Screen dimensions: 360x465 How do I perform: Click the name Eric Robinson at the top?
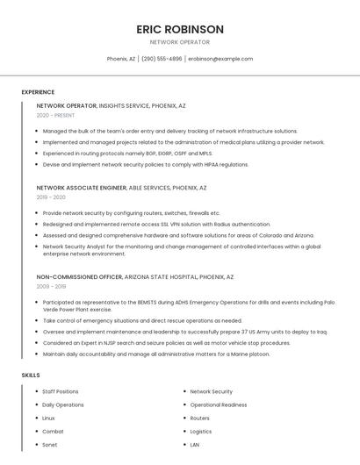click(180, 29)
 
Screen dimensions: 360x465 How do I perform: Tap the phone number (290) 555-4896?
click(162, 59)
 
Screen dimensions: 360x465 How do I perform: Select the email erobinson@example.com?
click(220, 59)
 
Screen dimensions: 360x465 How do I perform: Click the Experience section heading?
click(38, 92)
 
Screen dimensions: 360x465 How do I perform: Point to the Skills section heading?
click(31, 376)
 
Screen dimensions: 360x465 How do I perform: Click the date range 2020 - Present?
click(55, 115)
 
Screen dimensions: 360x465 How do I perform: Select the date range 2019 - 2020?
click(51, 197)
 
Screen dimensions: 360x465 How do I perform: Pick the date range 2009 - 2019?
click(51, 286)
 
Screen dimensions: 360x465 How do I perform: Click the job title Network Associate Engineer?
click(82, 188)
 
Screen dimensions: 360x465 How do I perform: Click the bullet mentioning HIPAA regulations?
click(133, 164)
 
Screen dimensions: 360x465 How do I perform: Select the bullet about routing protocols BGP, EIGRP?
click(127, 153)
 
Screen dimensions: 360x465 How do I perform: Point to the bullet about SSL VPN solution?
click(145, 224)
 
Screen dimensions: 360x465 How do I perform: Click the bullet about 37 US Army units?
click(184, 332)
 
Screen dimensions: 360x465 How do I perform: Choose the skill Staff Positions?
click(61, 391)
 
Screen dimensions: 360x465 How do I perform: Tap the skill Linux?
click(49, 418)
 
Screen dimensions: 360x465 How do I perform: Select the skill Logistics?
click(201, 431)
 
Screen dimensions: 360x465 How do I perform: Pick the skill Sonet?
click(50, 445)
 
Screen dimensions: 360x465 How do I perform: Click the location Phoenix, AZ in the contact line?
click(121, 59)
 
